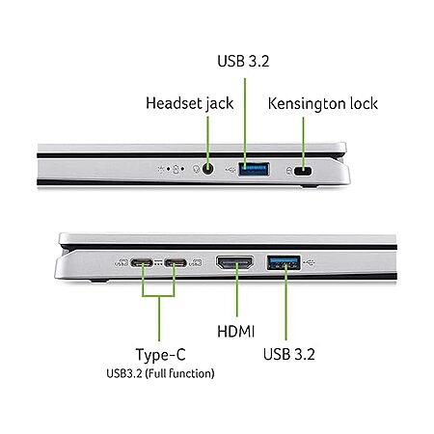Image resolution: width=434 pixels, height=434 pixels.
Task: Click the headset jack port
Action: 208,169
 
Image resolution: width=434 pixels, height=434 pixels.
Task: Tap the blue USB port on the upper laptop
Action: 254,169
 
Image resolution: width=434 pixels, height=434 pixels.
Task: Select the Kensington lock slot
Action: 303,171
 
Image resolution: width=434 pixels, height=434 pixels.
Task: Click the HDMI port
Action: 235,262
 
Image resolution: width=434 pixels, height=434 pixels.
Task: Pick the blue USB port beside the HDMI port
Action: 284,262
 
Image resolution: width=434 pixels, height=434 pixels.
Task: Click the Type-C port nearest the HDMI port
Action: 176,263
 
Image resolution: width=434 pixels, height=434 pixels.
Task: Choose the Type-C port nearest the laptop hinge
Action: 142,263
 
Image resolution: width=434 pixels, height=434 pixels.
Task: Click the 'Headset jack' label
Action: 190,103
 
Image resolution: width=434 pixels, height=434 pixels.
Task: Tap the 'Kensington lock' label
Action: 323,103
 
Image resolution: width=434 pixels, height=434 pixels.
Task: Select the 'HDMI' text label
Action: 236,332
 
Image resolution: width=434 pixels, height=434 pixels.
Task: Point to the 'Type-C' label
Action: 161,355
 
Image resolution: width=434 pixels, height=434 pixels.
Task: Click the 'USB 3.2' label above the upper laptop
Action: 243,61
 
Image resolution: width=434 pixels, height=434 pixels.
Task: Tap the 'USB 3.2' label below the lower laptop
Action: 289,354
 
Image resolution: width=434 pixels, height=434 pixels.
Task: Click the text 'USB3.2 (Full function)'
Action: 160,373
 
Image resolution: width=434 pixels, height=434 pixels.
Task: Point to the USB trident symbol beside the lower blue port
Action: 310,262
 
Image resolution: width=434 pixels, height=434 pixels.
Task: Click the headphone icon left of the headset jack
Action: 196,169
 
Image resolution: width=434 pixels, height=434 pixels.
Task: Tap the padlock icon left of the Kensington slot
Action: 289,171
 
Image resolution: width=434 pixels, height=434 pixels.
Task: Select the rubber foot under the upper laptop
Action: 310,186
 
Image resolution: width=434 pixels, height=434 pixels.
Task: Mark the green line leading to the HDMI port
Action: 237,289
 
